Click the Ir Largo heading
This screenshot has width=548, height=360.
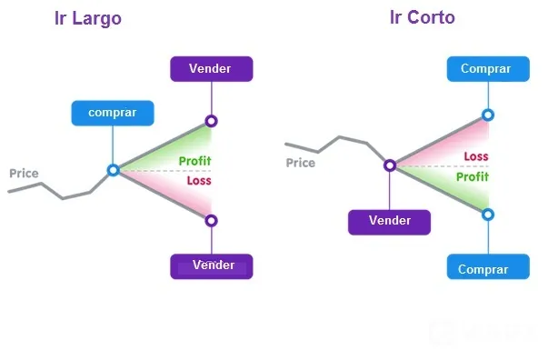point(88,18)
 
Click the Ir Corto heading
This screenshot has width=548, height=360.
point(423,17)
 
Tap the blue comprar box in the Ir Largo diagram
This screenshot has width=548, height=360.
point(113,114)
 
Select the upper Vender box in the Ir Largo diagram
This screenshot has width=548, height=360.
point(212,69)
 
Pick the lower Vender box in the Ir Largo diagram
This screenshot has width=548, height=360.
point(212,266)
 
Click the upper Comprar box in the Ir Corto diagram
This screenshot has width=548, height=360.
point(488,69)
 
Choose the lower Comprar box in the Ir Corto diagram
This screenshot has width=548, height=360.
point(488,266)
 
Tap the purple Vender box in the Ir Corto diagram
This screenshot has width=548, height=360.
point(389,223)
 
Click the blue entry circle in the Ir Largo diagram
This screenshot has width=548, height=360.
point(114,170)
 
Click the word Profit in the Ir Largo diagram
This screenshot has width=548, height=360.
point(195,161)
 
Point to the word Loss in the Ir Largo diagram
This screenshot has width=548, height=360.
point(199,181)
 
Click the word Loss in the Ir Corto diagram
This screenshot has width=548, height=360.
point(476,156)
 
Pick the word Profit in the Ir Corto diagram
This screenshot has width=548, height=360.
point(473,177)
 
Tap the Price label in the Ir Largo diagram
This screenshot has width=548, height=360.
point(24,174)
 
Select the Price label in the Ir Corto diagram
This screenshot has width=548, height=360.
point(301,163)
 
